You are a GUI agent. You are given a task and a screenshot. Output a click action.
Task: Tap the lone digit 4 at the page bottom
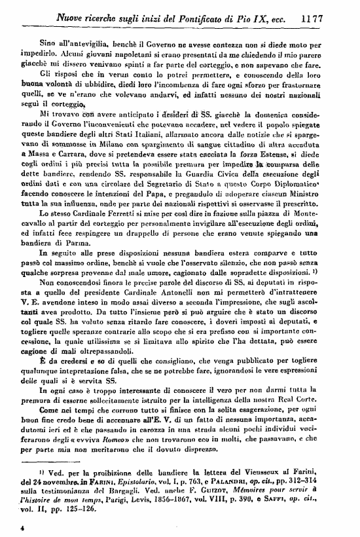click(22, 526)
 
